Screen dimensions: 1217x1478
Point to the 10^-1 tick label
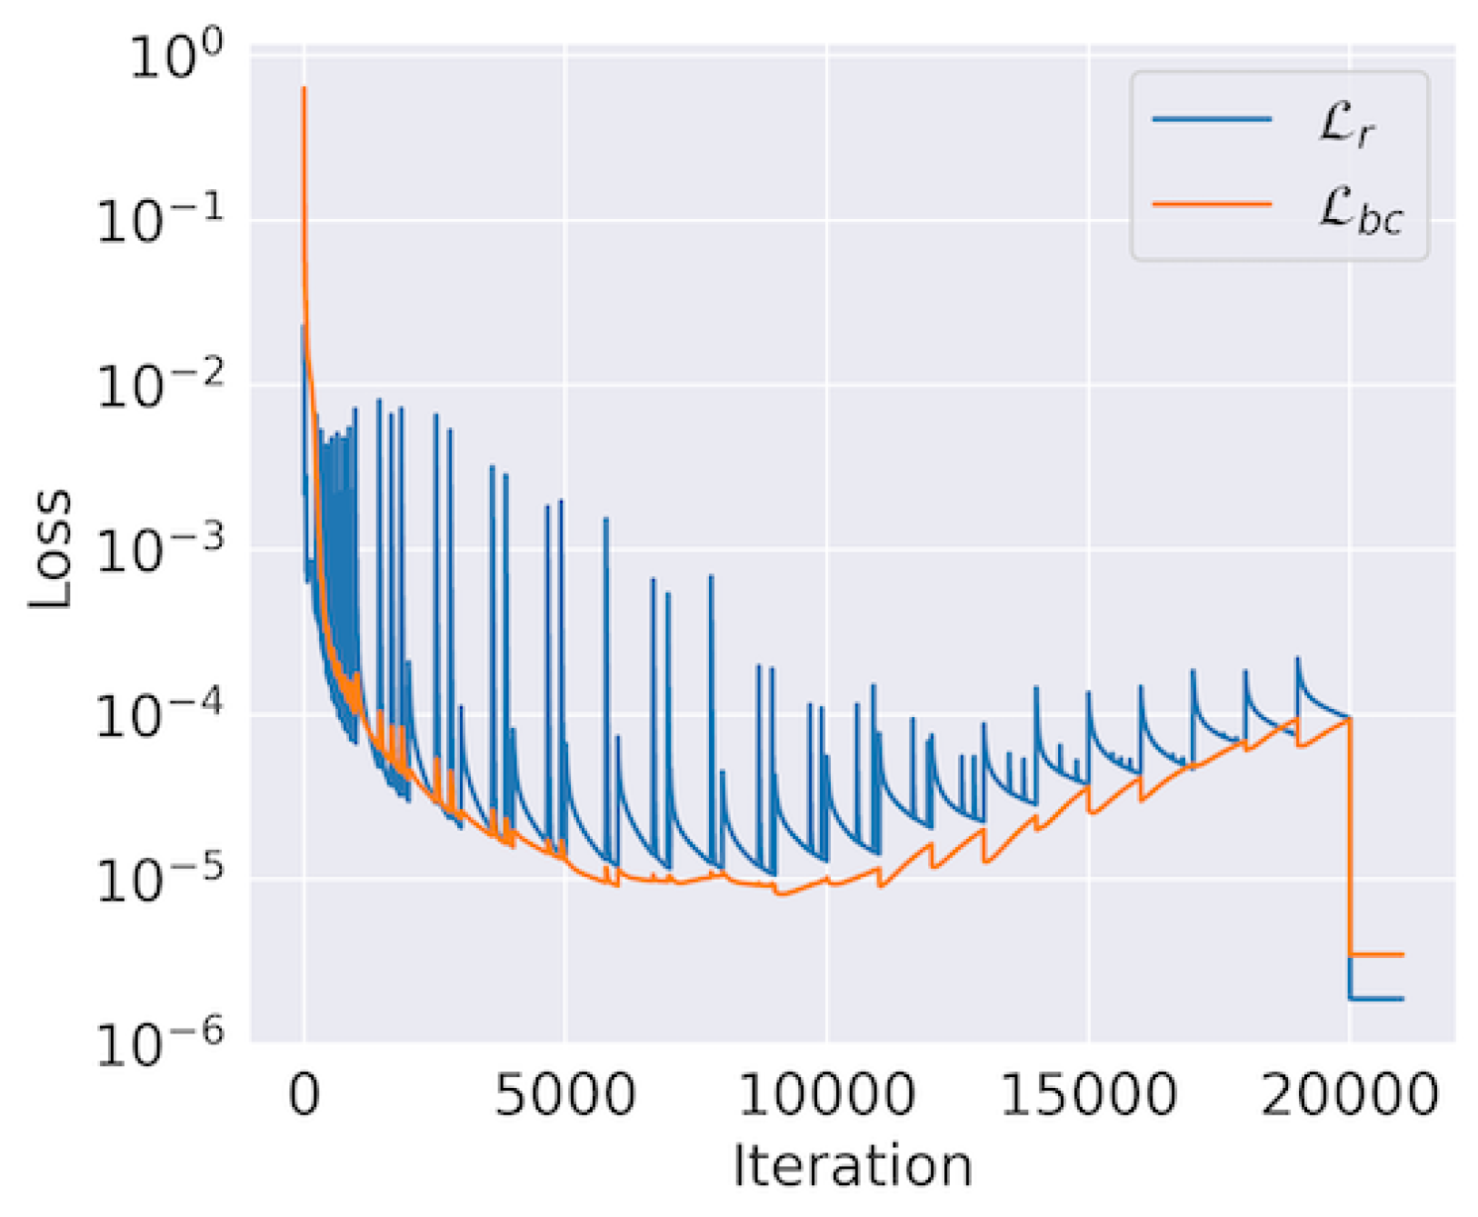[160, 221]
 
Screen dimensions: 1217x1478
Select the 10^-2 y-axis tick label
[160, 385]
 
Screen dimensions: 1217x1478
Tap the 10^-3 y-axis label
[160, 550]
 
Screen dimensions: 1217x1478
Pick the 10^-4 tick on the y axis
[160, 715]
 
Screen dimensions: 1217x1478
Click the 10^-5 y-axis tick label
[160, 880]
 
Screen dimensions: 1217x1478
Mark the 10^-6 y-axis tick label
[160, 1043]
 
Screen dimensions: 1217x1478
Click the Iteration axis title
[852, 1166]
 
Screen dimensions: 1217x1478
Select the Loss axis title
[51, 549]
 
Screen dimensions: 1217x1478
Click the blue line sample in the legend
[1212, 119]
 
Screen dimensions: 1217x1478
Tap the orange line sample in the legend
[1212, 204]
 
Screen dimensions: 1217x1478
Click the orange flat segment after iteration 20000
[1377, 954]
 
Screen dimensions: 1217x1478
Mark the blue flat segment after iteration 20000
[1377, 999]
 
